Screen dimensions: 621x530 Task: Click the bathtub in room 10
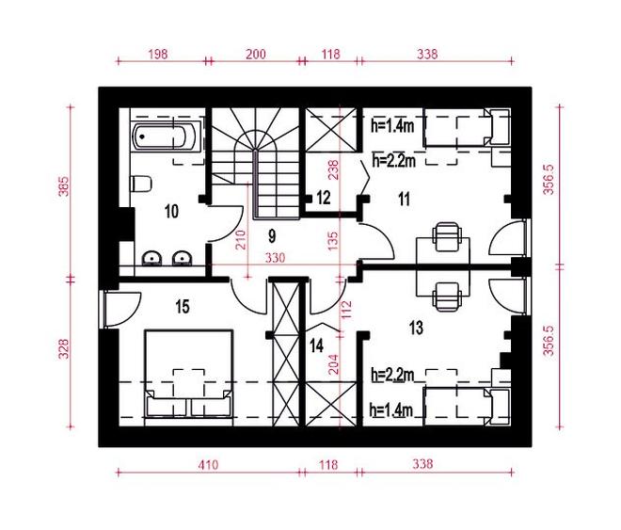(x=164, y=137)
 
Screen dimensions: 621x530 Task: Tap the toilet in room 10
(x=140, y=184)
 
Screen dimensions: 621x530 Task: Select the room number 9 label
(x=272, y=236)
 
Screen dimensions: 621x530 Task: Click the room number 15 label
(x=183, y=307)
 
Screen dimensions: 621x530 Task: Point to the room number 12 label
(x=324, y=198)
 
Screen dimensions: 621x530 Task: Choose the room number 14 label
(x=316, y=345)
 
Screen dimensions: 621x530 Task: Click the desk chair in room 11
(x=448, y=237)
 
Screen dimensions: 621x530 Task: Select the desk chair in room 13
(x=448, y=297)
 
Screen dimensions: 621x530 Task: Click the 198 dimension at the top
(x=158, y=54)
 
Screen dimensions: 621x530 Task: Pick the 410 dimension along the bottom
(x=208, y=464)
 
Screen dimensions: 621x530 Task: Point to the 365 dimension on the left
(x=63, y=186)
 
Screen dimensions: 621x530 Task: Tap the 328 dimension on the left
(x=63, y=348)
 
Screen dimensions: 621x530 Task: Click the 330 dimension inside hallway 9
(x=275, y=258)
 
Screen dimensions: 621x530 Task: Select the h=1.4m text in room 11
(x=392, y=126)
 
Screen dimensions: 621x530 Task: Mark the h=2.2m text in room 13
(x=392, y=375)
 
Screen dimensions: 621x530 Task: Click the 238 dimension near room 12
(x=334, y=169)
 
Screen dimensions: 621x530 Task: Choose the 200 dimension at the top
(x=256, y=54)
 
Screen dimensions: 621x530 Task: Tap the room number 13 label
(x=416, y=328)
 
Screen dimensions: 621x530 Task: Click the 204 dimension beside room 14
(x=334, y=364)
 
